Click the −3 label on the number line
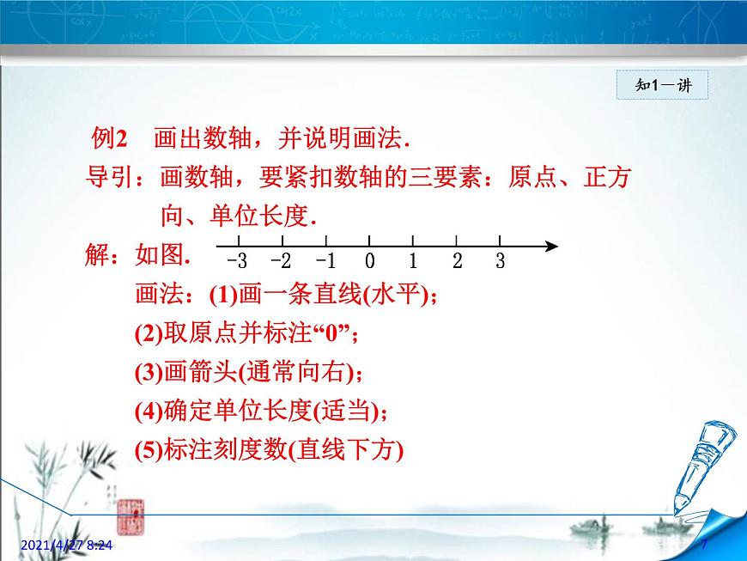coord(237,260)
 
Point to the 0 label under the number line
coord(370,260)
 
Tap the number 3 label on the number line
coord(500,260)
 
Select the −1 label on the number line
coord(326,260)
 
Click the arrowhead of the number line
coord(552,247)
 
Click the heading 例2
coord(110,138)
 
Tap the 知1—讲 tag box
coord(662,85)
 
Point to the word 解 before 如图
coord(97,254)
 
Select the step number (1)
coord(223,295)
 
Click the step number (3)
coord(149,373)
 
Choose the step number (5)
coord(149,450)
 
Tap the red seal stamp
coord(131,516)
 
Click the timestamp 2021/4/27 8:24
coord(67,545)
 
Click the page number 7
coord(704,544)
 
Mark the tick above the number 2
coord(457,241)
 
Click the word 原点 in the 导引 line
coord(532,177)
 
